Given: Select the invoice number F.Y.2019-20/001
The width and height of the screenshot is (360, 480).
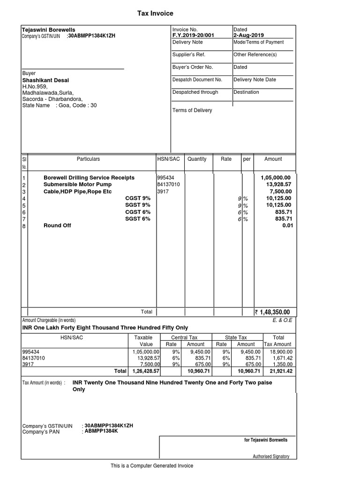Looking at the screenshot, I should click(194, 35).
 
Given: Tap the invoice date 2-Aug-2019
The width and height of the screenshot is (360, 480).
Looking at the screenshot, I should click(249, 35).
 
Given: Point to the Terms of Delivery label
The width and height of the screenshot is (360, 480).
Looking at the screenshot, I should click(192, 110).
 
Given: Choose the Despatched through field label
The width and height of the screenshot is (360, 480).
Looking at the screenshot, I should click(195, 92).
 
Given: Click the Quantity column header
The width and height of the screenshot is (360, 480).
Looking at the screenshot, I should click(197, 159).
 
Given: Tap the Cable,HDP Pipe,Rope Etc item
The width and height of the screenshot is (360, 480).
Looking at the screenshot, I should click(77, 192).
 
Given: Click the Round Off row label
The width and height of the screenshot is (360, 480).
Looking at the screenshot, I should click(57, 225).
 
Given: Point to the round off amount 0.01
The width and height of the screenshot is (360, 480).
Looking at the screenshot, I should click(286, 225).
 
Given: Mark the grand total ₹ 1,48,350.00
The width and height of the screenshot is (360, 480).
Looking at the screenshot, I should click(272, 312).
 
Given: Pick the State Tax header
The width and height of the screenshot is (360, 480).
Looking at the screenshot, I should click(236, 337).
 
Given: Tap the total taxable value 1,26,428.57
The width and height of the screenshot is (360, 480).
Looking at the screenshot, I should click(144, 371).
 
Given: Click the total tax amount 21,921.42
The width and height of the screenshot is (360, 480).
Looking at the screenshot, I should click(281, 371).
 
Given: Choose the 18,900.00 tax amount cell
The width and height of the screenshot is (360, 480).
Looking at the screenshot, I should click(281, 351).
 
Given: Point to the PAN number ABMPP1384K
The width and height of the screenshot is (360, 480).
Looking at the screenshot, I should click(101, 431).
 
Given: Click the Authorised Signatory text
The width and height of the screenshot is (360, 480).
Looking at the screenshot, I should click(271, 456).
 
